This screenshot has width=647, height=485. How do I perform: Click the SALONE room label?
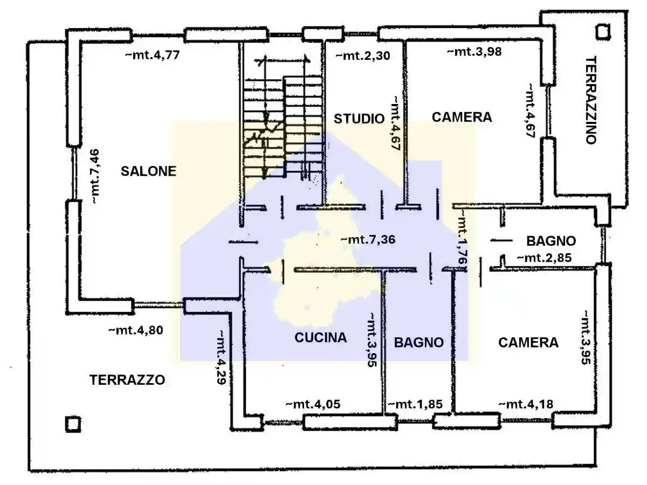click(148, 171)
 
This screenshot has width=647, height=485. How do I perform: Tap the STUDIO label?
click(359, 119)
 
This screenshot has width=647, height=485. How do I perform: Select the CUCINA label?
click(320, 338)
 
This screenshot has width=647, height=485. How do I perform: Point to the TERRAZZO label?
click(127, 379)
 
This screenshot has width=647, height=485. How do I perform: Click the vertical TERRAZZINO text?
click(591, 100)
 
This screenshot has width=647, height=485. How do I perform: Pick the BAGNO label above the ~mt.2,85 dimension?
click(551, 241)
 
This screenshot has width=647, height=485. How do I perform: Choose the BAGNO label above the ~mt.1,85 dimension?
click(418, 342)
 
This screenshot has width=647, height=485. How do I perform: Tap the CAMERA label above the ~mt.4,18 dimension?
click(528, 342)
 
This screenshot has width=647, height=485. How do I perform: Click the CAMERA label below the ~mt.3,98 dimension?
click(462, 117)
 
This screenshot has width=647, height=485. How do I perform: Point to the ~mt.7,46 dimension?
click(95, 177)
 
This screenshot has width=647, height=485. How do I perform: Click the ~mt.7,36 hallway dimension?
click(368, 240)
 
